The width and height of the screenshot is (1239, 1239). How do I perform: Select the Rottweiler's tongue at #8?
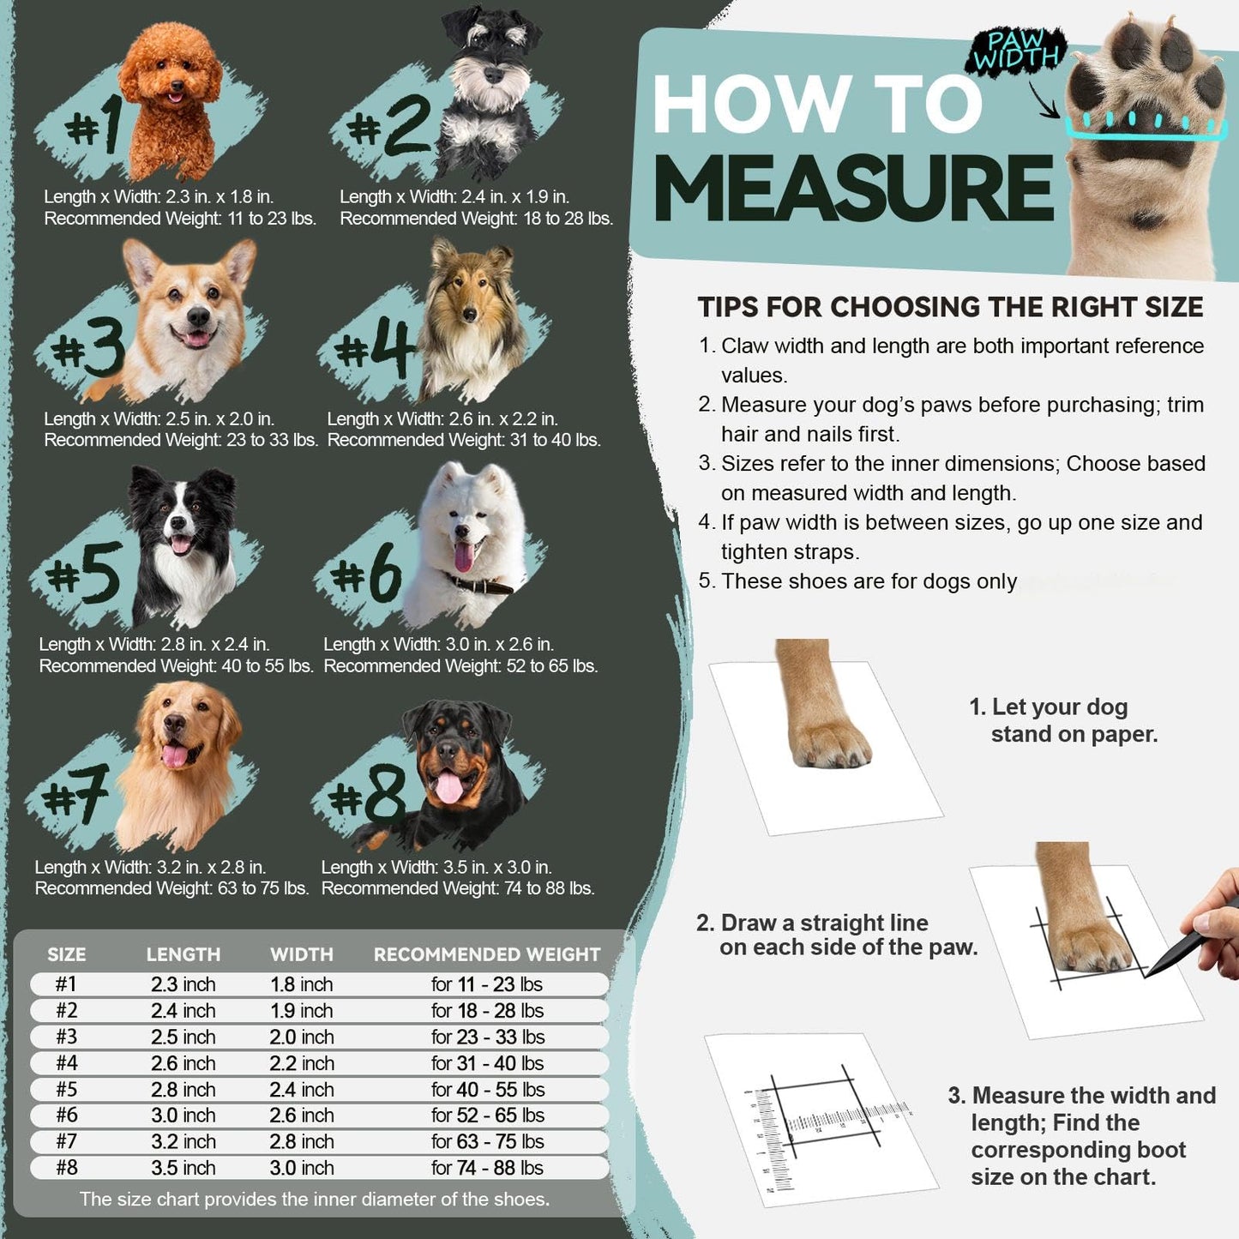tap(448, 786)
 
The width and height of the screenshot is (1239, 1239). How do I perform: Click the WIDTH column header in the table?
tap(301, 954)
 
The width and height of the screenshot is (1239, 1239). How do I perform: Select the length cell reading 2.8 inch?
tap(183, 1089)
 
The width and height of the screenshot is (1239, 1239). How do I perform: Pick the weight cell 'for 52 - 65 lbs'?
tap(487, 1116)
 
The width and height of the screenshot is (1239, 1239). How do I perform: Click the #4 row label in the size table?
tap(66, 1063)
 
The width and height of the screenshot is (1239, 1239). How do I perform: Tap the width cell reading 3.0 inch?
tap(301, 1168)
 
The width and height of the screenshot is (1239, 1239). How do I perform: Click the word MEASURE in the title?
tap(853, 189)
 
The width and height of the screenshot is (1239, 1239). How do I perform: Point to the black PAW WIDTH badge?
tap(1016, 50)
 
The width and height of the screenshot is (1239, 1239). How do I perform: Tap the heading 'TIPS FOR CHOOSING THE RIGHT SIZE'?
tap(950, 307)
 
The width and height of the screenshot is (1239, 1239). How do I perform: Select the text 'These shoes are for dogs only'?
tap(869, 581)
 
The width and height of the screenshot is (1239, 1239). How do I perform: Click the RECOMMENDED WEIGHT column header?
tap(486, 954)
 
